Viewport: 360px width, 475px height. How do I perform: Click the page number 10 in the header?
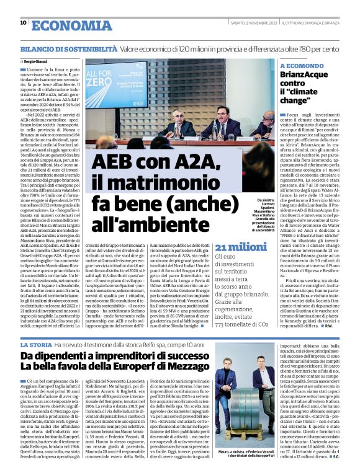tap(23, 23)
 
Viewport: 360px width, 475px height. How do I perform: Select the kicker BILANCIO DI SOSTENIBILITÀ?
tap(68, 48)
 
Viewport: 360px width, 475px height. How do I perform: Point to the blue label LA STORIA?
tap(36, 344)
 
